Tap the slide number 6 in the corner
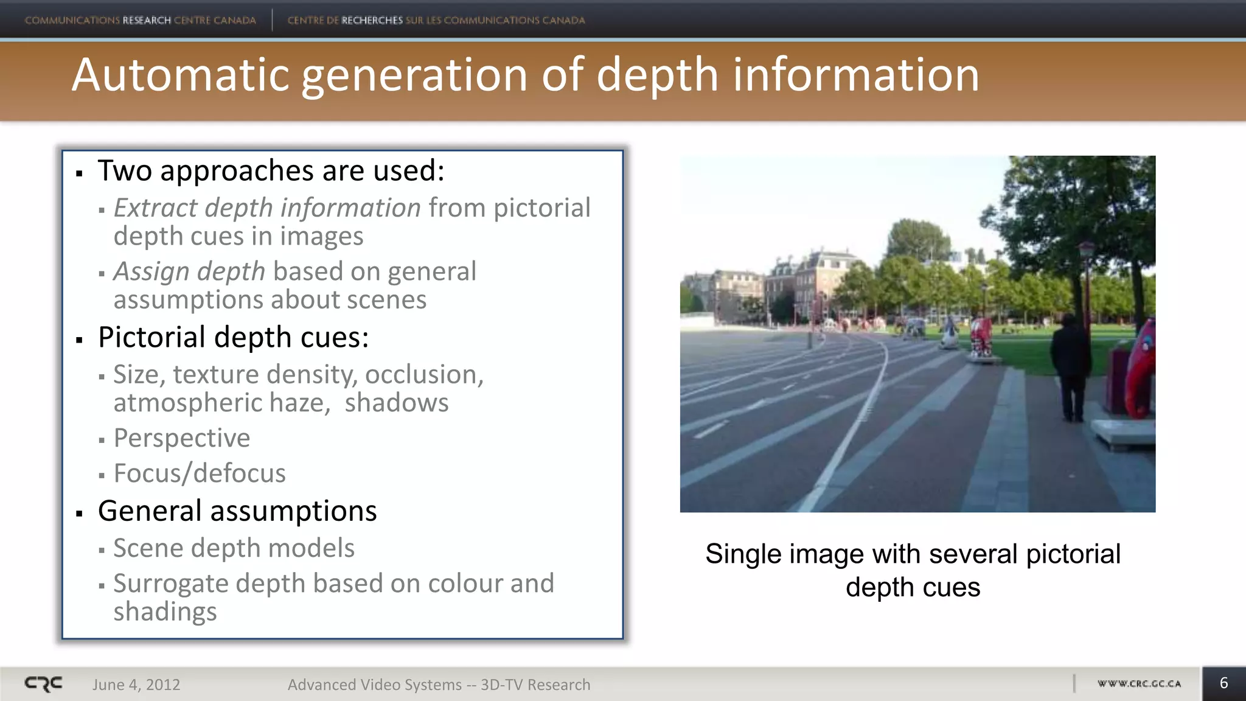tap(1223, 683)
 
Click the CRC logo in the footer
tap(43, 684)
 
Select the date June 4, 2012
tap(136, 685)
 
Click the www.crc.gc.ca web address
tap(1139, 684)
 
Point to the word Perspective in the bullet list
tap(181, 438)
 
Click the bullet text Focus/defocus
tap(199, 473)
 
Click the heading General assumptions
tap(237, 511)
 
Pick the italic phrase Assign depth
tap(189, 271)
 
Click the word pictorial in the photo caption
tap(1073, 554)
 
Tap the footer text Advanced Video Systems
tap(374, 685)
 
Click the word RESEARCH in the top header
tap(147, 20)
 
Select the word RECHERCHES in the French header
tap(372, 20)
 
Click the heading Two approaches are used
tap(271, 171)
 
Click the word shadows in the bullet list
tap(396, 403)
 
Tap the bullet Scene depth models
tap(234, 548)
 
